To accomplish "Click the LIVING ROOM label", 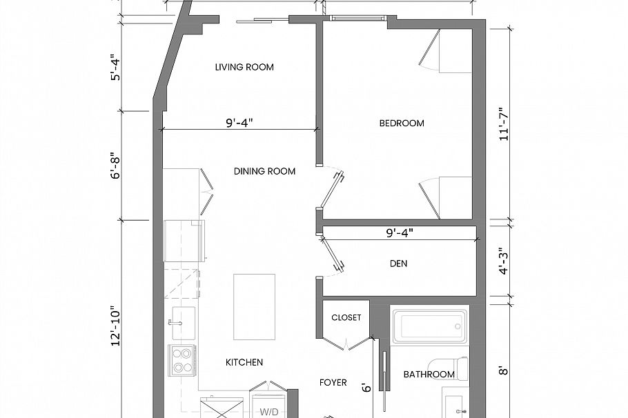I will [244, 67].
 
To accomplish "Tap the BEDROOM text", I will [402, 123].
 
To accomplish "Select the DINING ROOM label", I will [264, 171].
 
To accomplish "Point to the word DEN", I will [398, 263].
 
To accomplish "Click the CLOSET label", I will [346, 318].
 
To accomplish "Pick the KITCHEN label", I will [244, 362].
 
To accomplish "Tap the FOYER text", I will [333, 382].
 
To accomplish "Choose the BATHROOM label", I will [429, 375].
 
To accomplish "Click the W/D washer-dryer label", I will [268, 412].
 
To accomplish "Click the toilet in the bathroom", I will [449, 367].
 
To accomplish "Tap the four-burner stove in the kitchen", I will [181, 359].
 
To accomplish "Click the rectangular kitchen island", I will [254, 306].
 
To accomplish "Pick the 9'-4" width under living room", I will [239, 123].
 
